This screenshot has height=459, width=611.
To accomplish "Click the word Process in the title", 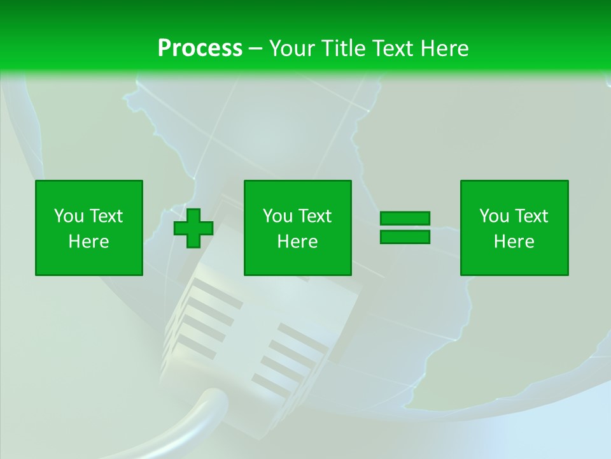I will [x=200, y=48].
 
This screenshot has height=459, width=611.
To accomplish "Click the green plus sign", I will [x=193, y=228].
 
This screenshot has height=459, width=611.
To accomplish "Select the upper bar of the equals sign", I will [x=405, y=219].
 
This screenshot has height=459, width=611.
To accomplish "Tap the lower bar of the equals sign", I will [x=405, y=237].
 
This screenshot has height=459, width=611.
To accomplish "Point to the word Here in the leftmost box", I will [x=89, y=242].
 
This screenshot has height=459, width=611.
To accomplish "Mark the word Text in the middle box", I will [x=314, y=216].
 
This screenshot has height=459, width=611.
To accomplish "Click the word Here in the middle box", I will [x=298, y=242].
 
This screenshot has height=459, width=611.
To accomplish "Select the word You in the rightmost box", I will [x=494, y=216].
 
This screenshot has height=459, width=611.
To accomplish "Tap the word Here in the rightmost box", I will [x=514, y=242].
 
